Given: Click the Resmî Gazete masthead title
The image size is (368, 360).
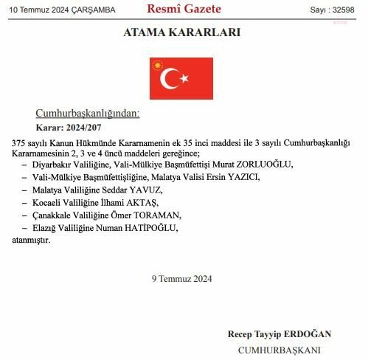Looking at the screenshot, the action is pyautogui.click(x=184, y=9).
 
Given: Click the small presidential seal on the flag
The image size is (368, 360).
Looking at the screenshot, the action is pyautogui.click(x=156, y=64).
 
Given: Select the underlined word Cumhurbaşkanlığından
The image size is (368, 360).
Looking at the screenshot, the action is pyautogui.click(x=87, y=113).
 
